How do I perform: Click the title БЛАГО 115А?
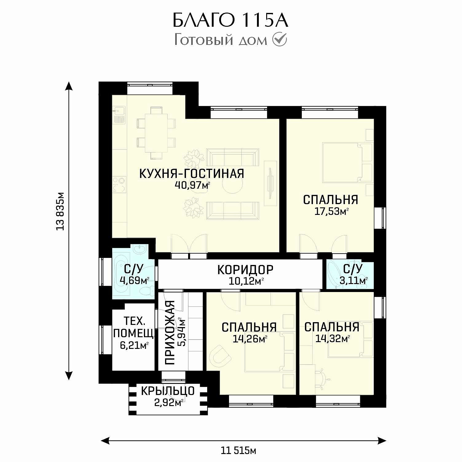click(230, 21)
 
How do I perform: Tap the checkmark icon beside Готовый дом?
click(280, 40)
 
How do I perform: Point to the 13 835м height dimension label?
click(60, 211)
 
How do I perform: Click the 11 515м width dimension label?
click(239, 451)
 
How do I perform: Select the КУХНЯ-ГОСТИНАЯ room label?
click(192, 174)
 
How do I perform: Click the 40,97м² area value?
click(192, 185)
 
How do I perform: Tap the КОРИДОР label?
click(245, 270)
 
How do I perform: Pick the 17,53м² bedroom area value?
click(331, 211)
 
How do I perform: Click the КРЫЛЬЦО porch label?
click(168, 391)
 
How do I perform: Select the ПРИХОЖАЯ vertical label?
click(170, 333)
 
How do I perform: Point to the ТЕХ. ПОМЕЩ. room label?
click(134, 327)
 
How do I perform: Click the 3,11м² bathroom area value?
click(353, 280)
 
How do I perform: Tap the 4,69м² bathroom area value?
click(134, 280)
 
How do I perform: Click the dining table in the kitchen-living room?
click(156, 133)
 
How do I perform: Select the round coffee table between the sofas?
click(232, 184)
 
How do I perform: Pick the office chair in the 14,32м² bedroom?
click(322, 376)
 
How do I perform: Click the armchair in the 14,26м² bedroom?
click(220, 356)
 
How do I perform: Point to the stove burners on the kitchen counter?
click(119, 184)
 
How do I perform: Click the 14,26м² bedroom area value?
click(250, 339)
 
